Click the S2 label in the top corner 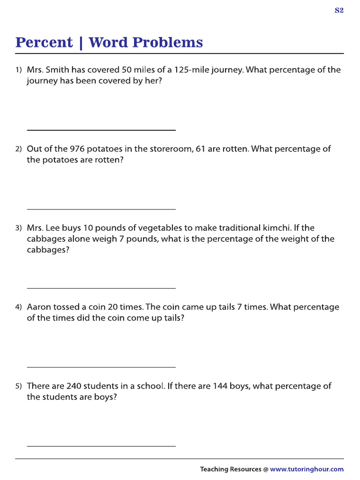coord(339,11)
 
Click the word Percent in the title coord(44,43)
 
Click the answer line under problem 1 coord(101,130)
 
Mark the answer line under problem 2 coord(101,209)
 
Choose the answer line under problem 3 coord(101,288)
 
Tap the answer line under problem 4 coord(101,367)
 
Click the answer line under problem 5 coord(101,446)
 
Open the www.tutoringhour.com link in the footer coord(307,469)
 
